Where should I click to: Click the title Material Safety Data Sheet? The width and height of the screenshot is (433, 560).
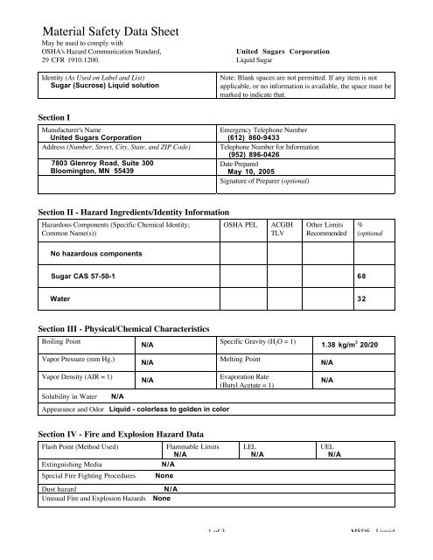pos(112,31)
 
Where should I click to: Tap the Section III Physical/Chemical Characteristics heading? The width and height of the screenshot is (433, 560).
pos(125,327)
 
